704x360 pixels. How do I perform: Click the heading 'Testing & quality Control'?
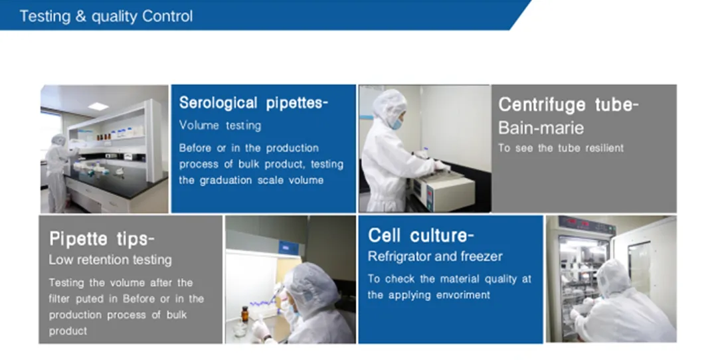(106, 16)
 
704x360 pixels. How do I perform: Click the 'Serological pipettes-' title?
(253, 103)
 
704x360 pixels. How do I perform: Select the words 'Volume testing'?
(220, 126)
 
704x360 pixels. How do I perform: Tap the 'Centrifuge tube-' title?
(569, 105)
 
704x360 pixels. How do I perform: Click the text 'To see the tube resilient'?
(561, 148)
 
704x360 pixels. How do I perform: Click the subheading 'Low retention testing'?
(110, 260)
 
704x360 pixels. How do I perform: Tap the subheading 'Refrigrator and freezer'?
(435, 256)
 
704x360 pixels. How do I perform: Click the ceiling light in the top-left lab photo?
(98, 106)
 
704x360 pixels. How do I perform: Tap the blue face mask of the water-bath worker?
(396, 123)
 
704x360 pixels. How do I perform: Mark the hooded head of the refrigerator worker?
(612, 277)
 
